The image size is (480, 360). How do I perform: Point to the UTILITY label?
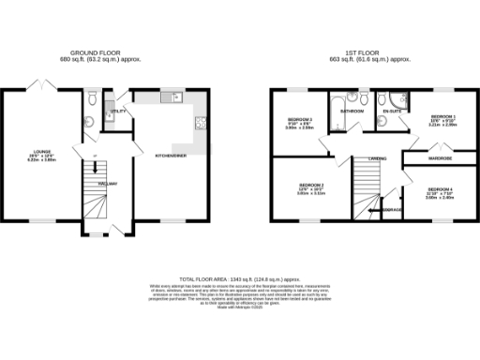(117, 111)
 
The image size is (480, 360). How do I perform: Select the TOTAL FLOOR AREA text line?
(239, 279)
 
